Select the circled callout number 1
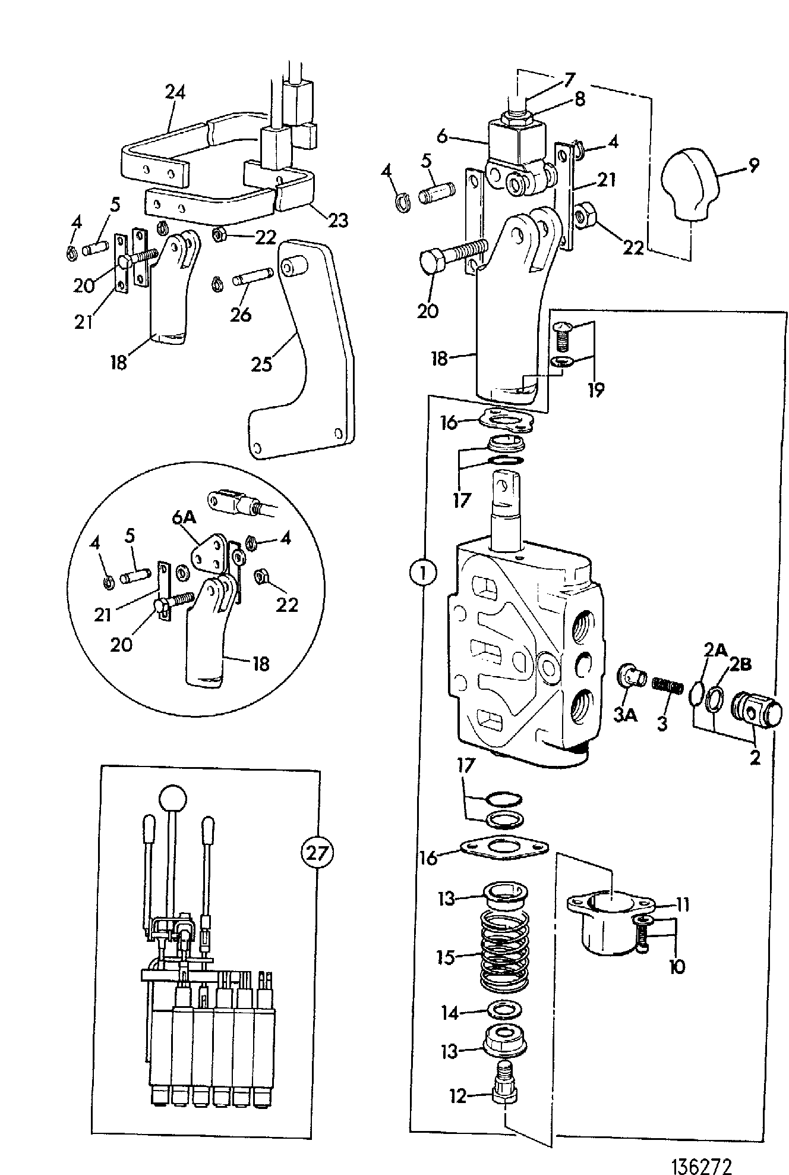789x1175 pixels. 422,573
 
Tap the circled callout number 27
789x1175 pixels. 317,853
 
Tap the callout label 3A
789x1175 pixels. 626,715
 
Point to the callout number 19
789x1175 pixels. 595,390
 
